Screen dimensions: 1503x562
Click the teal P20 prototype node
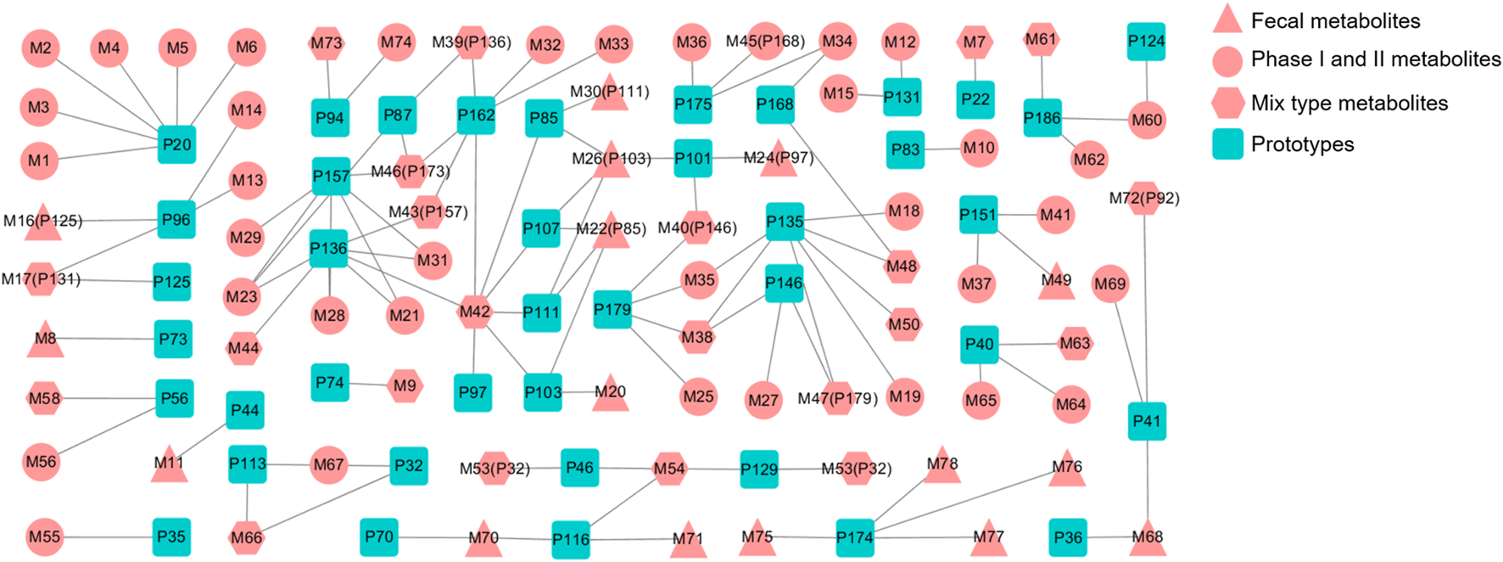(176, 144)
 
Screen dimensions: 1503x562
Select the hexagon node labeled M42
(475, 312)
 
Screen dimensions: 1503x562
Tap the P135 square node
(785, 222)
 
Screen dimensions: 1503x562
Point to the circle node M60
(1146, 120)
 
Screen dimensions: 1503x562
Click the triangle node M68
(1148, 538)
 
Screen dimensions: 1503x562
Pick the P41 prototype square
(1147, 421)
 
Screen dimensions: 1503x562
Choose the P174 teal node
(854, 537)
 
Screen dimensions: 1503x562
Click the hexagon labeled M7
(975, 42)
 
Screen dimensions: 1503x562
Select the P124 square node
(1146, 41)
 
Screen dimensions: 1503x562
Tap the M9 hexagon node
(405, 385)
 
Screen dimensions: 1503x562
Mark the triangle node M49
(1056, 283)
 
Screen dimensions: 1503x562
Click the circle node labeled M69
(1109, 284)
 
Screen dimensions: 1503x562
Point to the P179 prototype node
(612, 310)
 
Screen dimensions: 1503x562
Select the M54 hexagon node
(669, 469)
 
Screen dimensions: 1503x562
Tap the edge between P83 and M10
(941, 149)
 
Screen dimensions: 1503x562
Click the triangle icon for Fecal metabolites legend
(1227, 20)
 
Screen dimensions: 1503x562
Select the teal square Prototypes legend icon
(1227, 144)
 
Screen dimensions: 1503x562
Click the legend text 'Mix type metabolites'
(1349, 103)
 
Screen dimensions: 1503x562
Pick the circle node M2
(40, 48)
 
